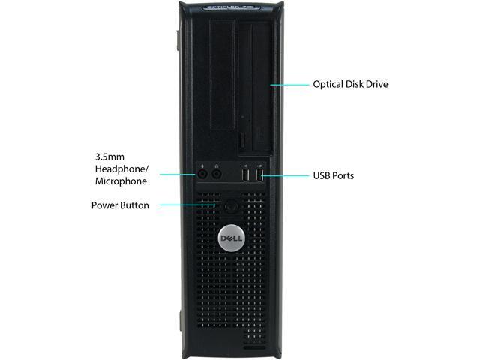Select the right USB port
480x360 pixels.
click(x=259, y=176)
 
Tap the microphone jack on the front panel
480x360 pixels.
click(x=202, y=175)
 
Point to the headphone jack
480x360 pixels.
click(x=217, y=175)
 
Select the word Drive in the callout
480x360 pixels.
click(x=376, y=84)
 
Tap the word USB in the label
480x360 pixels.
click(x=322, y=176)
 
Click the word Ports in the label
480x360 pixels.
click(x=343, y=176)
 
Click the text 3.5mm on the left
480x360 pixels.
click(x=111, y=157)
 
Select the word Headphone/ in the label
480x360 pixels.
click(x=121, y=169)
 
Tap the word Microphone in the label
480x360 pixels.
click(x=121, y=181)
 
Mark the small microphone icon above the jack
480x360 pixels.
click(x=202, y=166)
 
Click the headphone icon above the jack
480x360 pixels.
click(x=217, y=166)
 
